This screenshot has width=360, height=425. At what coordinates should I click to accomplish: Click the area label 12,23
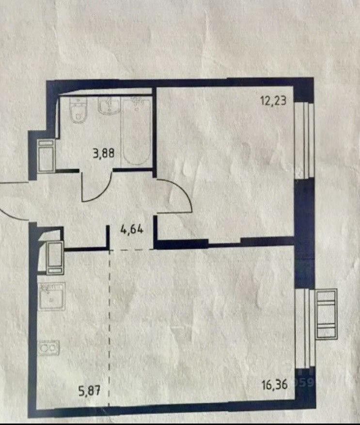[x=273, y=101]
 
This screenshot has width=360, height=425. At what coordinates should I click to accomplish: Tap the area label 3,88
[x=104, y=154]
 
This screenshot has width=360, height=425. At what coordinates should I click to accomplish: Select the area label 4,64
[x=131, y=230]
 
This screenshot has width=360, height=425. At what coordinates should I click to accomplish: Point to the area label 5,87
[x=90, y=391]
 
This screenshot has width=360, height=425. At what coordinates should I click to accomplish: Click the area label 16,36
[x=275, y=384]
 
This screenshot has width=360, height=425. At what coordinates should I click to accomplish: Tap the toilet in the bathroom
[x=78, y=111]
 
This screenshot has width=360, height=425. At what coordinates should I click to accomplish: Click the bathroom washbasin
[x=109, y=106]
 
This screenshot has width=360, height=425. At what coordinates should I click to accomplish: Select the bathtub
[x=136, y=131]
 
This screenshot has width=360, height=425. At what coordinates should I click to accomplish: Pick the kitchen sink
[x=52, y=296]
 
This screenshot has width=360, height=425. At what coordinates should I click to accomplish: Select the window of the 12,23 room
[x=304, y=141]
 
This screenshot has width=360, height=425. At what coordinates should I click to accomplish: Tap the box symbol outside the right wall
[x=327, y=314]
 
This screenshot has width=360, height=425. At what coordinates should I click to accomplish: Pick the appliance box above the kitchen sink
[x=55, y=257]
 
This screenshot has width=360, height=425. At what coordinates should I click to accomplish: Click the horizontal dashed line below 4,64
[x=131, y=250]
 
